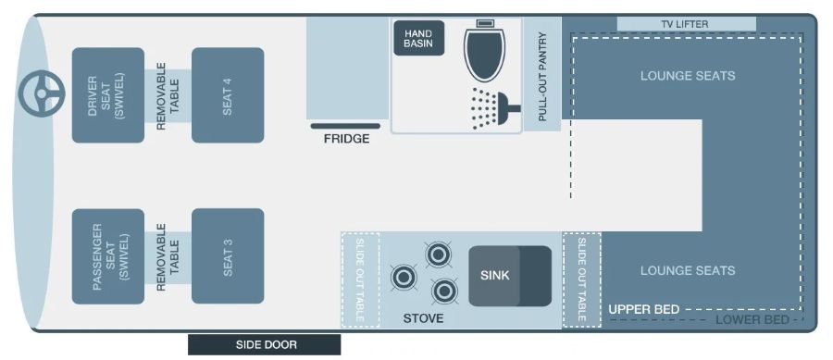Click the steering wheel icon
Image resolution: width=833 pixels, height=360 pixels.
42,94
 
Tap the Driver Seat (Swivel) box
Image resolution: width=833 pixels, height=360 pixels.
108,95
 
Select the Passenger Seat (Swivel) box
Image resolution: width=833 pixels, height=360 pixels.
108,256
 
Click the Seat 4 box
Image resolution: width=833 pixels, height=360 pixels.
228,95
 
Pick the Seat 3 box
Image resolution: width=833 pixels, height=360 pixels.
228,256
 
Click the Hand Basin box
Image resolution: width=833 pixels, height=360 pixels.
418,38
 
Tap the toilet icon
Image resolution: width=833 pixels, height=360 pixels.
484,51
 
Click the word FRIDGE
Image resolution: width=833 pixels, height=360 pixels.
346,139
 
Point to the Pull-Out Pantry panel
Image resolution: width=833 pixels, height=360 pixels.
542,74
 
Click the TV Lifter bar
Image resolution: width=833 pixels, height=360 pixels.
687,24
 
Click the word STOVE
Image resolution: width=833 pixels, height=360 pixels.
423,318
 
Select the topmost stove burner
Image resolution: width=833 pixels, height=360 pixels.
439,254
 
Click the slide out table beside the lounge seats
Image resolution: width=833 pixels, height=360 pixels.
582,279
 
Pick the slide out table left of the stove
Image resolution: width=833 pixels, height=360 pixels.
360,279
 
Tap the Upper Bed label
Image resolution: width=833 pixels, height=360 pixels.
644,309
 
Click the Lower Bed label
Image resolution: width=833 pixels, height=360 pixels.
752,320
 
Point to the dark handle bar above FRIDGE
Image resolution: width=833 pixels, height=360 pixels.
345,127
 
